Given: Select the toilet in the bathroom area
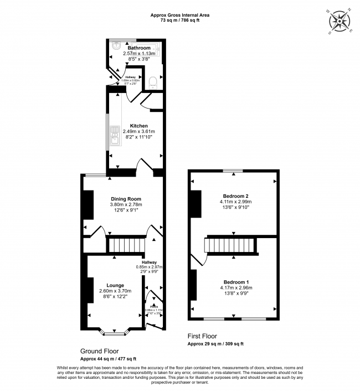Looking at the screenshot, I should click(x=153, y=83).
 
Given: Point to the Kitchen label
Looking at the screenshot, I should click(x=139, y=126).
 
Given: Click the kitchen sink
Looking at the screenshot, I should click(x=114, y=136).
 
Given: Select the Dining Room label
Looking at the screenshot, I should click(x=126, y=199).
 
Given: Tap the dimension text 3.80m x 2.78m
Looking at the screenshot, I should click(x=126, y=205).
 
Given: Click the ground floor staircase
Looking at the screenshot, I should click(x=126, y=244).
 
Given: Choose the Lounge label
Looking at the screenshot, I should click(x=115, y=285).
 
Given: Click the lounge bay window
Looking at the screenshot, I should click(x=116, y=332).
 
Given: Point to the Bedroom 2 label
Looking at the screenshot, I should click(x=235, y=196).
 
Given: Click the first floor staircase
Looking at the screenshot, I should click(x=232, y=245).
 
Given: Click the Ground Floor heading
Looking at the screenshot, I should click(x=100, y=351).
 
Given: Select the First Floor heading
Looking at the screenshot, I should click(x=202, y=336).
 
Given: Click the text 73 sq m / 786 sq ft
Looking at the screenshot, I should click(x=179, y=20).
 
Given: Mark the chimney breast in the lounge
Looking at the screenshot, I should click(x=90, y=289).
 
